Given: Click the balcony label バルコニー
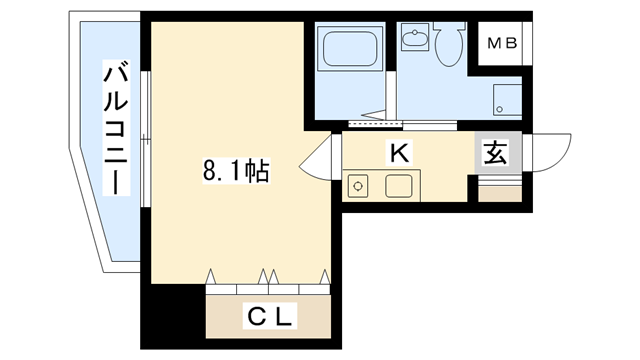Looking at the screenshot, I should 116,128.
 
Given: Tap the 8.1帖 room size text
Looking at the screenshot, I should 236,171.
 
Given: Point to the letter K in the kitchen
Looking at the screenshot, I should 398,153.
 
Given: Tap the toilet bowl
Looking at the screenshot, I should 448,45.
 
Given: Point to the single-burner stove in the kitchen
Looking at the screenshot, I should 359,185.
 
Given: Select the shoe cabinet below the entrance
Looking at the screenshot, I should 499,190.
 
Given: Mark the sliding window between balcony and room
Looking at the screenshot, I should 146,140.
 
